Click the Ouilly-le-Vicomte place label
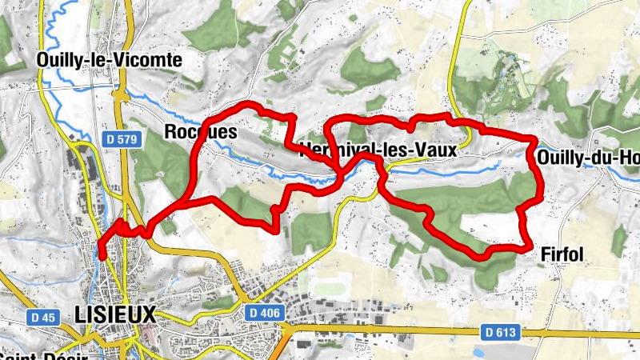110,60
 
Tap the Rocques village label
200,132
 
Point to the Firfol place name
562,255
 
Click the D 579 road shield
122,139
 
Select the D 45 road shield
46,318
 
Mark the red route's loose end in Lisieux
102,256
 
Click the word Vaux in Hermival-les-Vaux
436,150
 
